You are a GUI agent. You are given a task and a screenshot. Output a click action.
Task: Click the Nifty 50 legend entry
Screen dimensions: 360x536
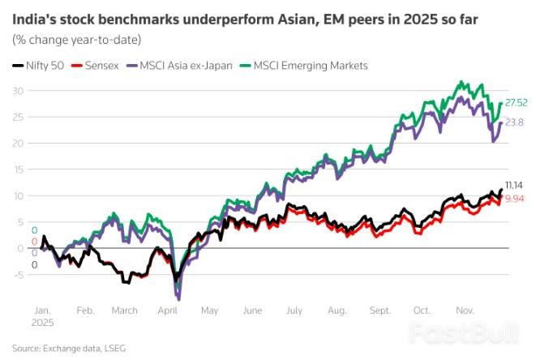coord(41,65)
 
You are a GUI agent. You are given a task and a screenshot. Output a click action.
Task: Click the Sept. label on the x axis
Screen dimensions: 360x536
coord(379,310)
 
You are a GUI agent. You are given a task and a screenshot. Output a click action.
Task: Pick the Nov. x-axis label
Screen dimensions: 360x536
coord(465,310)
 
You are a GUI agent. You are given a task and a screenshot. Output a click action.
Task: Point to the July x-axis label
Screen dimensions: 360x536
coord(294,310)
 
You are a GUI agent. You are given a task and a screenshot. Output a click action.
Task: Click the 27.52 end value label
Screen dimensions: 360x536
coord(517,103)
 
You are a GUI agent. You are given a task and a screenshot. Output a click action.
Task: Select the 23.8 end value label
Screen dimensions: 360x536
coord(515,122)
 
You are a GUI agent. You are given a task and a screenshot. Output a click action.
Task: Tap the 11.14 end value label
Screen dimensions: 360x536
coord(515,185)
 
